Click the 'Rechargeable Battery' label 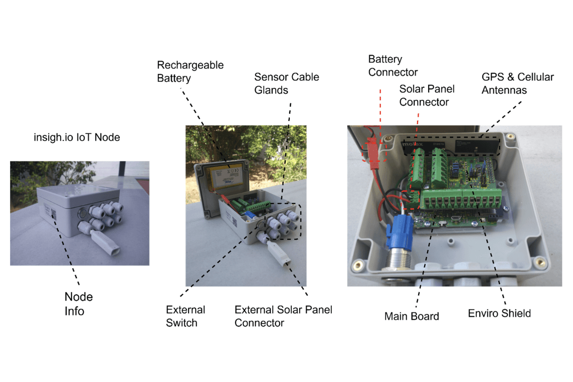(190, 72)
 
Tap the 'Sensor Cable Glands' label (286, 83)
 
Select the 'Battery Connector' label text (393, 66)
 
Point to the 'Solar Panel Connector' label (427, 95)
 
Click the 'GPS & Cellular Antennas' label (517, 83)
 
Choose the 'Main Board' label (411, 316)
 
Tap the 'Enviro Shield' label (499, 313)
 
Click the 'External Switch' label (185, 316)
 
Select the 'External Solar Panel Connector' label (283, 316)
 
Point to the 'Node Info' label (78, 304)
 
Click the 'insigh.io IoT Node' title (76, 137)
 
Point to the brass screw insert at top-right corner (510, 137)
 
